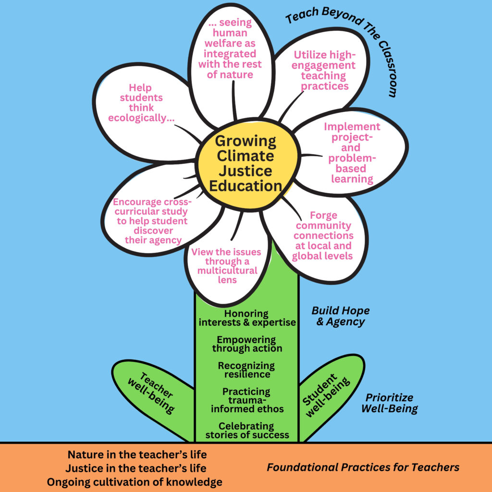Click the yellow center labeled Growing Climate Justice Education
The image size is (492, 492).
pos(246,163)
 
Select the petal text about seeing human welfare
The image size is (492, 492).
pos(234,49)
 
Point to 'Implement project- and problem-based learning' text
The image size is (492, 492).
pos(352,153)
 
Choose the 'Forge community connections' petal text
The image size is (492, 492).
pos(323,235)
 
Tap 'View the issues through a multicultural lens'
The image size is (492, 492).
pos(227,266)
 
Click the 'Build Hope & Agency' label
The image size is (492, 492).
pos(340,316)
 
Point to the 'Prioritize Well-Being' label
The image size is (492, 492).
pos(389,403)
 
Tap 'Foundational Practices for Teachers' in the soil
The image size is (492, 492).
pos(363,467)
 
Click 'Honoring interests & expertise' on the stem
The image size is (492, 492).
pos(247,318)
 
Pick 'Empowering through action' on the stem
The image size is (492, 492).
pos(247,344)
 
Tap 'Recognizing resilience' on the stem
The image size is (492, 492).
pos(247,370)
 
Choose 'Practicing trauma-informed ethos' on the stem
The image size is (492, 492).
pos(247,400)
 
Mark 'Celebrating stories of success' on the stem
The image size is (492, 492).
pos(247,430)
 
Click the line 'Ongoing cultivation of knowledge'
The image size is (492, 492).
pos(135,481)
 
